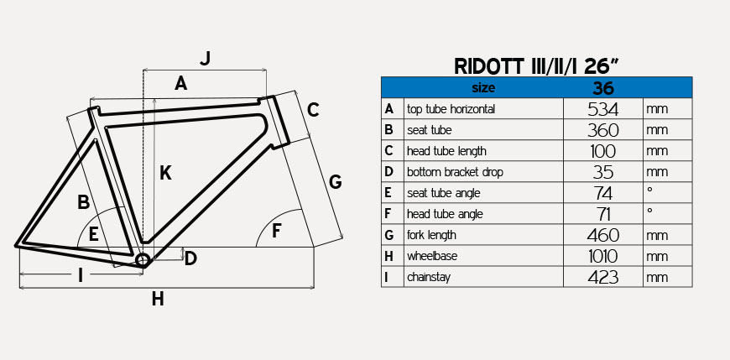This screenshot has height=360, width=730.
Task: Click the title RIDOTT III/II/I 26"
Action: [536, 65]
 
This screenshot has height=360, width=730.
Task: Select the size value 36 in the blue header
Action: [602, 87]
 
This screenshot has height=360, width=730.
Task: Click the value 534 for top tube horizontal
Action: [602, 109]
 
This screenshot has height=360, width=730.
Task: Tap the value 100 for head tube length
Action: [602, 151]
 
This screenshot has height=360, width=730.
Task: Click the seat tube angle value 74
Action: [602, 193]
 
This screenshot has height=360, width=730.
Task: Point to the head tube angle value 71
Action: [602, 214]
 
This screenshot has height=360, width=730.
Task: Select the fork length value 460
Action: [602, 235]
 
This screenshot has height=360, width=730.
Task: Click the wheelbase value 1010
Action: [602, 256]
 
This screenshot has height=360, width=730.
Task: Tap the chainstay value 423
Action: [602, 277]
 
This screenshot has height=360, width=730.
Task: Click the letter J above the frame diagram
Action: [205, 58]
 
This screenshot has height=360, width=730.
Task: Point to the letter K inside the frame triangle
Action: [165, 173]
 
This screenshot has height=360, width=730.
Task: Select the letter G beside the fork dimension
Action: [335, 181]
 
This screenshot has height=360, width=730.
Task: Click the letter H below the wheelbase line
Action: [157, 299]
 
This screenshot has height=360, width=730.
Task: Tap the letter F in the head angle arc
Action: [277, 230]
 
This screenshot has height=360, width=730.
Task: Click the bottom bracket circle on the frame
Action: [142, 260]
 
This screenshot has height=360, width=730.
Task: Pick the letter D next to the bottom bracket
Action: [190, 258]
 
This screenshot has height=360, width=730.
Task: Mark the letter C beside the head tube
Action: [313, 109]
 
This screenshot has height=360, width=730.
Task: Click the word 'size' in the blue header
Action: [483, 87]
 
